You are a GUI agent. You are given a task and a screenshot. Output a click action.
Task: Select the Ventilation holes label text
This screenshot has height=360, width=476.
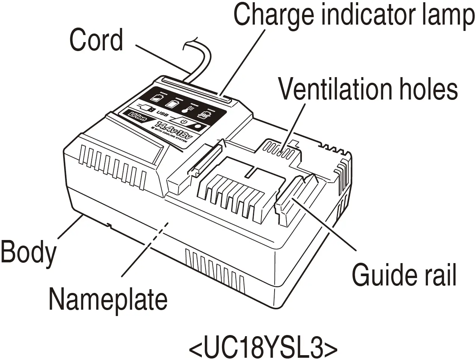click(369, 89)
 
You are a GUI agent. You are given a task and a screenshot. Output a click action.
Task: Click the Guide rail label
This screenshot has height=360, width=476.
click(404, 275)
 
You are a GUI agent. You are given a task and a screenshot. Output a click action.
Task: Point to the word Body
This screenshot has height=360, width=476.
click(28, 252)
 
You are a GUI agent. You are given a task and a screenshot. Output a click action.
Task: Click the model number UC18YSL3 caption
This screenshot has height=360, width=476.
click(263, 347)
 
